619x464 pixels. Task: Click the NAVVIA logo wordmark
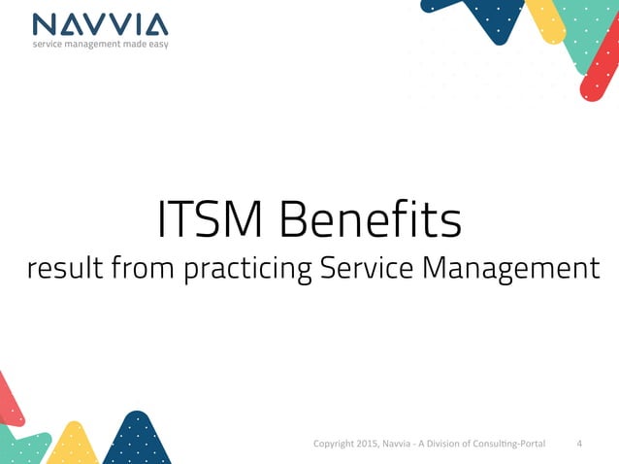click(x=99, y=23)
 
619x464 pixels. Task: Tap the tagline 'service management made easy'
click(x=100, y=45)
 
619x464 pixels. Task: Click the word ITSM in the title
click(x=212, y=220)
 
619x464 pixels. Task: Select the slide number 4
click(x=579, y=445)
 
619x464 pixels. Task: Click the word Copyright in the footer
click(x=336, y=445)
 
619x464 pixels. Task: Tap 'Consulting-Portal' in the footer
click(x=507, y=445)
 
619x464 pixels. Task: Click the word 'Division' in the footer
click(x=445, y=445)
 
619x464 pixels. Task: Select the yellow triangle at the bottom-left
click(x=73, y=446)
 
